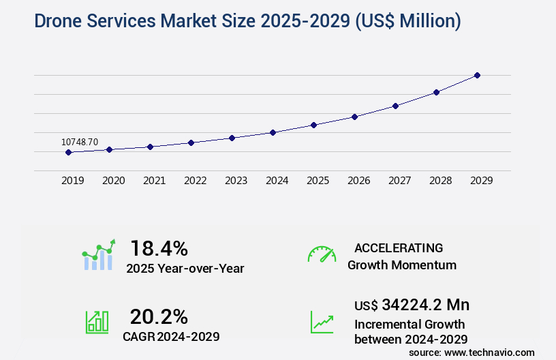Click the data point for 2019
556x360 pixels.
68,152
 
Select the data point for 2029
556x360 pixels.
477,75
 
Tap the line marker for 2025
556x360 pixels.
313,125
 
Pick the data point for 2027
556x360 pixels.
395,106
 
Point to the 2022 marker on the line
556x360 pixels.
191,142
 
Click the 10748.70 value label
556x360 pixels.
80,142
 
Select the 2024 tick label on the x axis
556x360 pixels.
277,181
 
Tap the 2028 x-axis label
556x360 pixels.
440,181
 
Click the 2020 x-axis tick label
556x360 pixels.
113,181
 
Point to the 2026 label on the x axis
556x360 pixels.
358,181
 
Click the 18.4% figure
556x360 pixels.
159,247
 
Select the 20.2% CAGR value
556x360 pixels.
159,316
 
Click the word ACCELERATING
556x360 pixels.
399,247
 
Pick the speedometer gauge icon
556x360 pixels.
322,254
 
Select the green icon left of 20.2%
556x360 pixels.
97,322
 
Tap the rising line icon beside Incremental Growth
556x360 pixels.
322,322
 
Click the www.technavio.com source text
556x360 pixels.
491,352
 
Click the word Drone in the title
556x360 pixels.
43,21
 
